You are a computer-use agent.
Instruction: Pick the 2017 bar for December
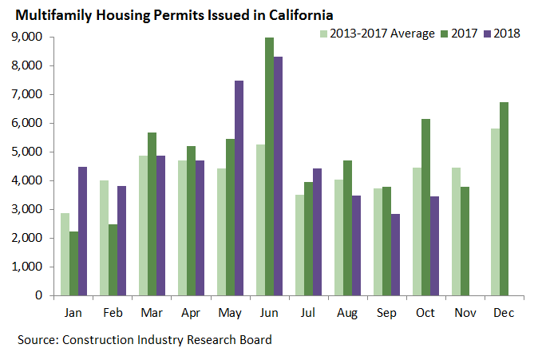pyautogui.click(x=503, y=199)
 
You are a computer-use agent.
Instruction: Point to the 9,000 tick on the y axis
pyautogui.click(x=28, y=37)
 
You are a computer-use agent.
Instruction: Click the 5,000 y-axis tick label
pyautogui.click(x=28, y=152)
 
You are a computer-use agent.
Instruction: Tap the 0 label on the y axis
pyautogui.click(x=39, y=295)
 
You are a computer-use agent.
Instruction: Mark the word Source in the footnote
pyautogui.click(x=37, y=340)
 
